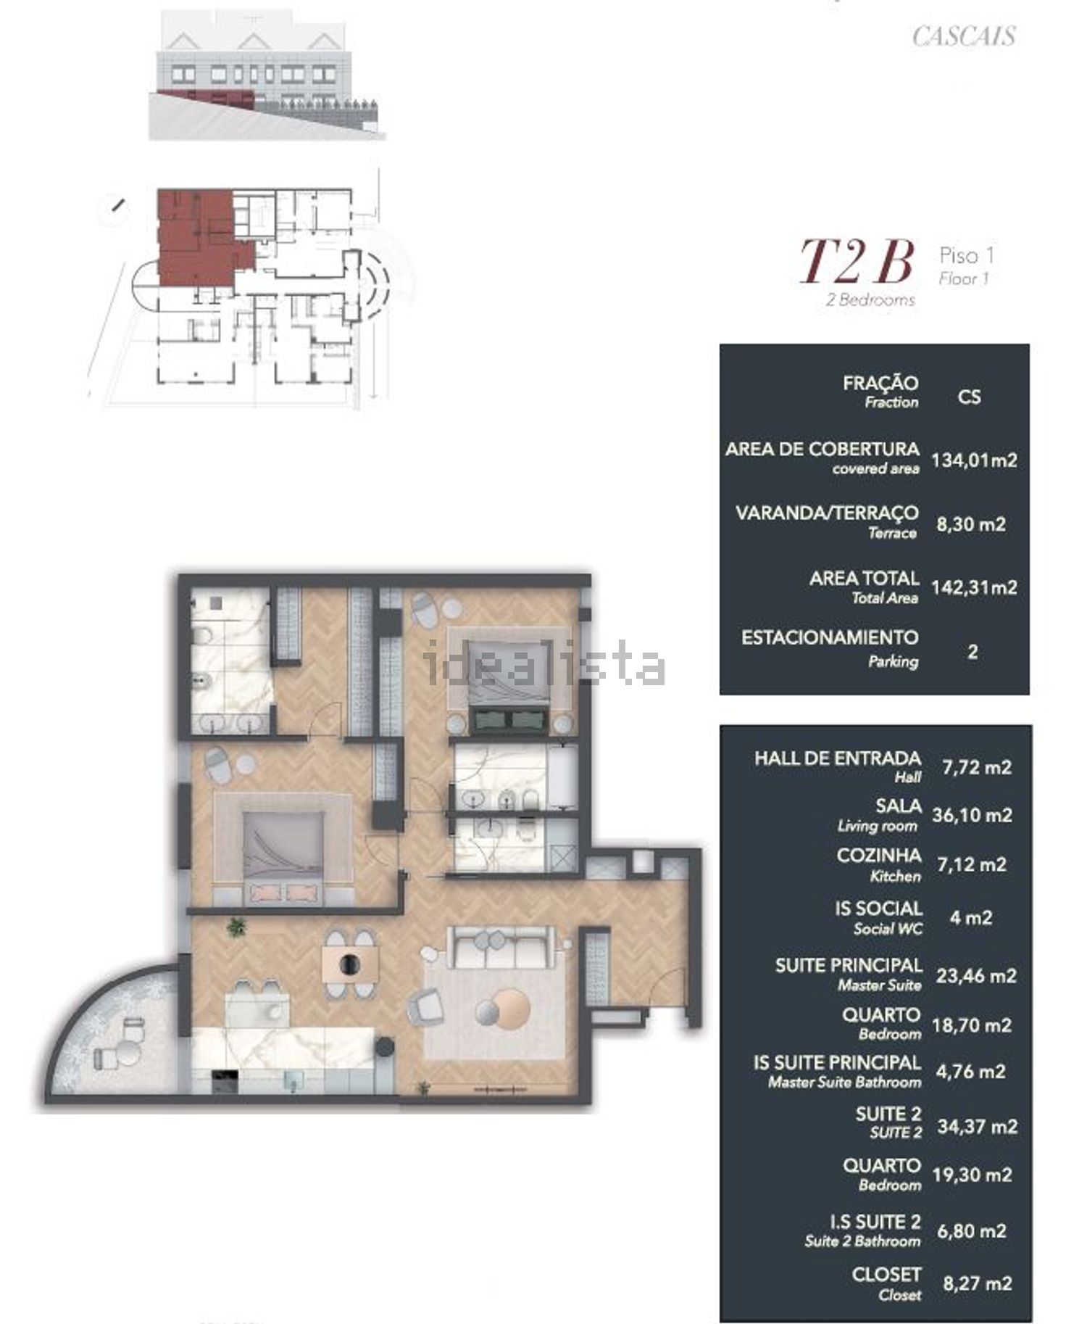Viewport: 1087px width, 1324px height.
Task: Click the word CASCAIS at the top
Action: tap(964, 36)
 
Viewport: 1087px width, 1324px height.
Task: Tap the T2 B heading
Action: tap(856, 262)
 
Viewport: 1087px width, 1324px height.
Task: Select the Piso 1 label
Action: tap(967, 255)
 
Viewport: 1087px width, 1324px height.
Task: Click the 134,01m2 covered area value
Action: tap(974, 460)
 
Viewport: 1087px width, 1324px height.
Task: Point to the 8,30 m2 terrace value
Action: tap(971, 524)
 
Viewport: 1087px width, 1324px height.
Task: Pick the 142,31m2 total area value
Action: tap(974, 587)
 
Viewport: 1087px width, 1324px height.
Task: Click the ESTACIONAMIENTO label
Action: tap(830, 637)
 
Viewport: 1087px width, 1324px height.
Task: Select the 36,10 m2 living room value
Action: tap(972, 815)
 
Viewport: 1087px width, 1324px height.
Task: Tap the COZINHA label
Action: tap(879, 856)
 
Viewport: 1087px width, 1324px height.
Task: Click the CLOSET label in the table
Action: tap(887, 1274)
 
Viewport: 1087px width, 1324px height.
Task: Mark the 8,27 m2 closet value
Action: tap(977, 1283)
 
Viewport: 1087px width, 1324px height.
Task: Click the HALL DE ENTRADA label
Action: tap(838, 758)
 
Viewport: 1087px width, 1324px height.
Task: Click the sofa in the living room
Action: tap(496, 946)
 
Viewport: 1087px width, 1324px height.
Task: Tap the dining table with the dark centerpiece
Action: tap(351, 964)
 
